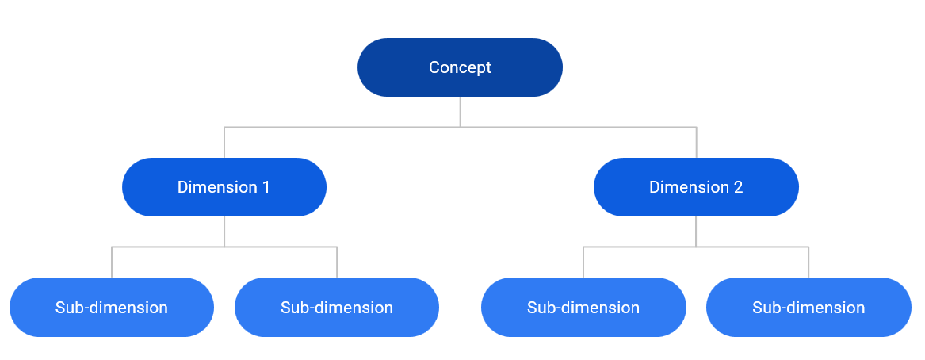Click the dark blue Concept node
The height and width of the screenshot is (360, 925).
coord(461,67)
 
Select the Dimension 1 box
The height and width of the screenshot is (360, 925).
coord(224,187)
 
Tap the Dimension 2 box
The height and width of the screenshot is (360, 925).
coord(696,187)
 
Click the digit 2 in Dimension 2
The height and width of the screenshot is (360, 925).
coord(738,187)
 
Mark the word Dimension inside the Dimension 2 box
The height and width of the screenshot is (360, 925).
coord(689,187)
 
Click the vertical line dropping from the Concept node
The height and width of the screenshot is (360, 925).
coord(461,112)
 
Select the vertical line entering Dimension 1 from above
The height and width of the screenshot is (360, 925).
coord(224,142)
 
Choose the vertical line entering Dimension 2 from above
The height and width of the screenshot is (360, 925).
coord(696,142)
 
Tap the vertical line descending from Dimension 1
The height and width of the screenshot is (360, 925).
coord(224,232)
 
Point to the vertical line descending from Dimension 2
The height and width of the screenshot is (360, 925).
coord(696,232)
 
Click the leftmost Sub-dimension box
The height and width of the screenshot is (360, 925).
coord(112,307)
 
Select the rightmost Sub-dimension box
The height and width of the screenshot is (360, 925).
coord(808,307)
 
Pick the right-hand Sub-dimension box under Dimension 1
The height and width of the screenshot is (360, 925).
coord(337,307)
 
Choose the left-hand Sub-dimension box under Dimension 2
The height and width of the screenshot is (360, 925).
coord(583,307)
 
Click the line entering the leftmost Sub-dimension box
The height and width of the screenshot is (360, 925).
coord(112,262)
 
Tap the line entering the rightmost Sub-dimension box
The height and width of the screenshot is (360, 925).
coord(808,262)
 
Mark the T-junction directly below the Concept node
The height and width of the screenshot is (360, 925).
coord(461,127)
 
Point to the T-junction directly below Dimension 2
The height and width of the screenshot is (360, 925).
coord(696,247)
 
